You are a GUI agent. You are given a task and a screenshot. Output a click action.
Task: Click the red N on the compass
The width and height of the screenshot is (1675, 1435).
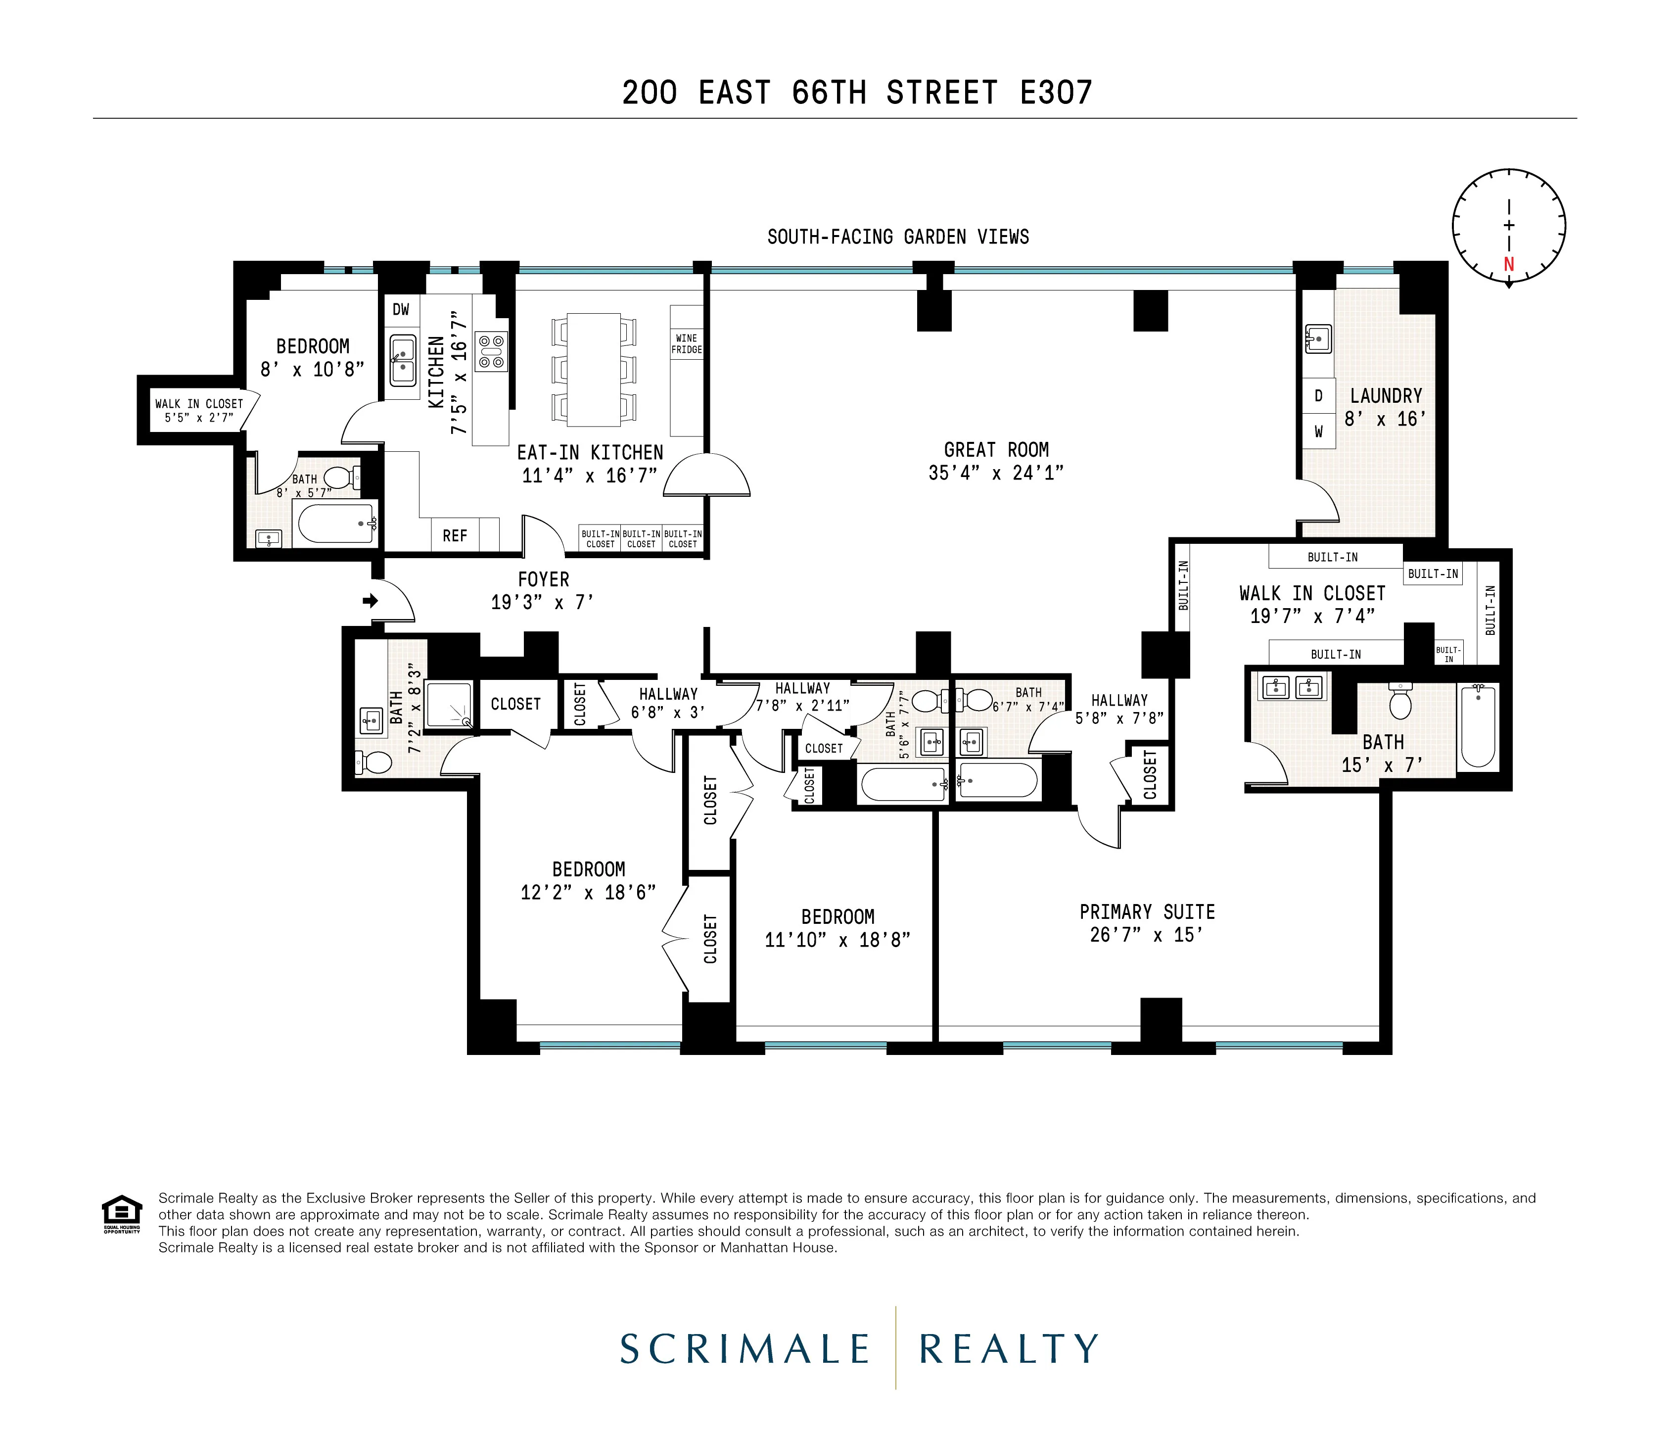coord(1508,264)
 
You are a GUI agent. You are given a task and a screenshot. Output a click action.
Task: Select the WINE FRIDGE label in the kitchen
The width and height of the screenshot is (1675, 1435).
coord(686,343)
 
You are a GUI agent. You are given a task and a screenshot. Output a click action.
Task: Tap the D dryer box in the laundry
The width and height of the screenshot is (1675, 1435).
coord(1318,396)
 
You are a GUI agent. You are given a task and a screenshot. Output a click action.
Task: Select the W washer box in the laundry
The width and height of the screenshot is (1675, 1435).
coord(1318,431)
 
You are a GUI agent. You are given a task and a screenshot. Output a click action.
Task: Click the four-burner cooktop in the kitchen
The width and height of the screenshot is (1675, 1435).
coord(491,352)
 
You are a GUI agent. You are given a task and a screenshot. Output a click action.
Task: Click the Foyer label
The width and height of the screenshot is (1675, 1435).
coord(543,579)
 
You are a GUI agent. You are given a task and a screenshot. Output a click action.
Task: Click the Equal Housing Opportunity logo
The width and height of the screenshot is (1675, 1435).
coord(121,1213)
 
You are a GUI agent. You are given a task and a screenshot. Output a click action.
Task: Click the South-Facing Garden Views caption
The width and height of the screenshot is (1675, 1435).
coord(897,237)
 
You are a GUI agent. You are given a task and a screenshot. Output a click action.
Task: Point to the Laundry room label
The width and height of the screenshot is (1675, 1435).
coord(1386,396)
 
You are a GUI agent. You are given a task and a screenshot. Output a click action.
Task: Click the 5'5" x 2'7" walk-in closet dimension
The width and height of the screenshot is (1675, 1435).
coord(199,418)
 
